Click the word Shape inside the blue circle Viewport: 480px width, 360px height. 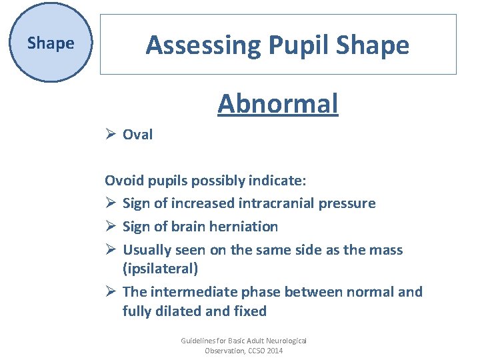50,44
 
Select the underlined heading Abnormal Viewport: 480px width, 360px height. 277,104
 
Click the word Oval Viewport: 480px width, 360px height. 137,135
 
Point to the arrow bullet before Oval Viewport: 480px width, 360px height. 111,135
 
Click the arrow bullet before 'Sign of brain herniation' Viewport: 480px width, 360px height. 111,227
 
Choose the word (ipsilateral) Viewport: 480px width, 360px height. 161,269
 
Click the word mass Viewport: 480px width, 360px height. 387,250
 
